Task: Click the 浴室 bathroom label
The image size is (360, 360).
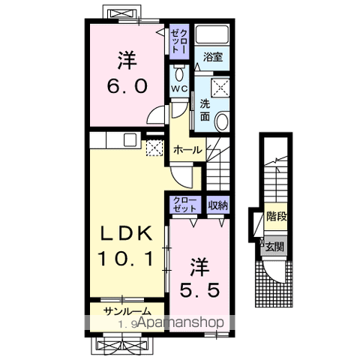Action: (x=213, y=57)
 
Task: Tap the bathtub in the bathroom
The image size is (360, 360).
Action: (x=211, y=34)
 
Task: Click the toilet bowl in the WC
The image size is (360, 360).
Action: (x=178, y=73)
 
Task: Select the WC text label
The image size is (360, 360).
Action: (x=179, y=88)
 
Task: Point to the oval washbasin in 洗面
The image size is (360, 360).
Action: (x=222, y=122)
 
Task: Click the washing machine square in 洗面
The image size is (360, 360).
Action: (x=220, y=88)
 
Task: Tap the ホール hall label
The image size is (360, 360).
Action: (x=187, y=150)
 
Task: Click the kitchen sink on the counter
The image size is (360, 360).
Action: (x=130, y=140)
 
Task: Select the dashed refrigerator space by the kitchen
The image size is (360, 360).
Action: (x=154, y=148)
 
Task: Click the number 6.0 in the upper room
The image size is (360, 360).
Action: (x=127, y=86)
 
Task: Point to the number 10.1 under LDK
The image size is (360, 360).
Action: (x=126, y=259)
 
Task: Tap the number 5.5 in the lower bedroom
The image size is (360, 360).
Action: (x=200, y=290)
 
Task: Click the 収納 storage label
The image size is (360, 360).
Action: (x=218, y=205)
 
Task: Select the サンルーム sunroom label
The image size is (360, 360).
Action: (x=127, y=311)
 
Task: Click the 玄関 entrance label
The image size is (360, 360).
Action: (x=274, y=247)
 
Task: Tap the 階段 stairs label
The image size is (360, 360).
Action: (x=276, y=216)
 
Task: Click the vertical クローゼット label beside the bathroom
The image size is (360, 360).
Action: (x=179, y=40)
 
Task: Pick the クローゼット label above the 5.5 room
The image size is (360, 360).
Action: (x=185, y=205)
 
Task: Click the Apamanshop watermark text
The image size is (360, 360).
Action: (x=181, y=322)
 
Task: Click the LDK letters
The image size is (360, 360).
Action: (x=126, y=234)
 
